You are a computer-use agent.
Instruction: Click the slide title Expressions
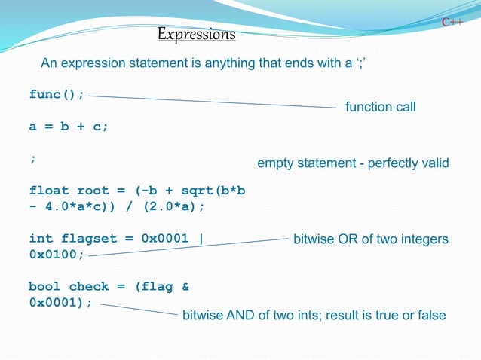tap(196, 35)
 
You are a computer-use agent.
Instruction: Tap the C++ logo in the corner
tap(452, 23)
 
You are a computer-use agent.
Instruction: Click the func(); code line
tap(57, 94)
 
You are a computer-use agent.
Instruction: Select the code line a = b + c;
tap(69, 127)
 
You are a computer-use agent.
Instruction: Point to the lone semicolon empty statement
tap(32, 159)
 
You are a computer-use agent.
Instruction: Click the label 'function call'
tap(380, 107)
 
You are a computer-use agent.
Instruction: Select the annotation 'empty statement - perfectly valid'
tap(353, 163)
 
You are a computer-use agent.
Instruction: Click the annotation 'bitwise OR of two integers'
tap(370, 239)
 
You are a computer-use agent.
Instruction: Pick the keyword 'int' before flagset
tap(41, 239)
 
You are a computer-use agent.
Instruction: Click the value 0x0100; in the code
tap(57, 255)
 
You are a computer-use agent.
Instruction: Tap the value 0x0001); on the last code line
tap(60, 302)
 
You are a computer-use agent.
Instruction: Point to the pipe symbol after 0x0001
tap(201, 239)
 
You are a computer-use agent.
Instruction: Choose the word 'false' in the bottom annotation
tap(430, 315)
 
